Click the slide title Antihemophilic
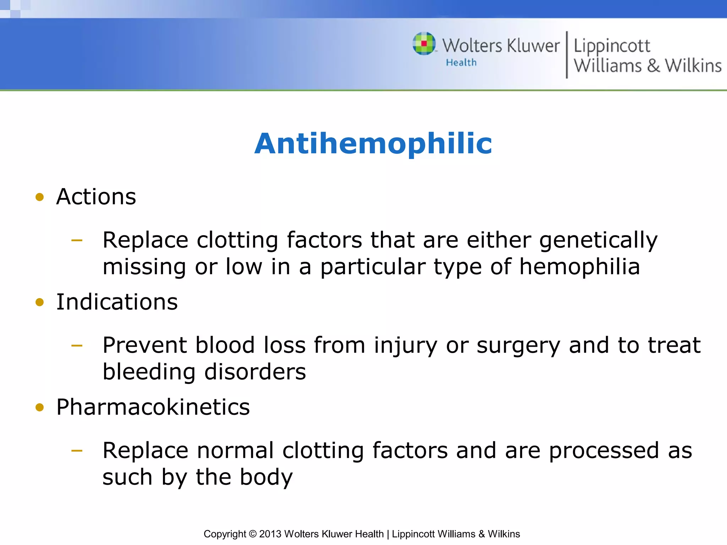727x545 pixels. click(373, 143)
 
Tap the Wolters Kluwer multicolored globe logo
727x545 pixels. click(424, 44)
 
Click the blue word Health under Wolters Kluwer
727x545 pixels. click(461, 62)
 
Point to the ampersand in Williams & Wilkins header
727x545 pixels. click(653, 66)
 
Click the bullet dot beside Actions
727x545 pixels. click(40, 197)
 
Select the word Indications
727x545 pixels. click(117, 302)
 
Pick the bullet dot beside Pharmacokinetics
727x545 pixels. click(40, 407)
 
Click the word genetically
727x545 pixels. click(598, 241)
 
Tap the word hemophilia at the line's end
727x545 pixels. click(580, 267)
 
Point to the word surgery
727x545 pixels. click(518, 345)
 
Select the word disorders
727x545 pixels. click(255, 372)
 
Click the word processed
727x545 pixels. click(603, 451)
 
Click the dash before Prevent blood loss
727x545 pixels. click(77, 345)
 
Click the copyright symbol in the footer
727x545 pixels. click(252, 534)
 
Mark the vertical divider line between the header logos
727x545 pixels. click(567, 55)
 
